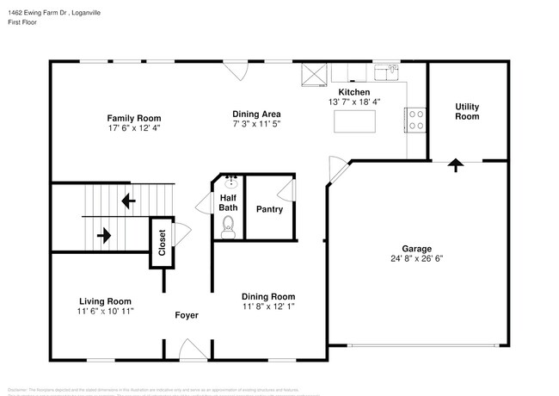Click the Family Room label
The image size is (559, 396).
133,118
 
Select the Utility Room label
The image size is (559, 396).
467,111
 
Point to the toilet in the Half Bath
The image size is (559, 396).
229,226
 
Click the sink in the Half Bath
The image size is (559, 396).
230,183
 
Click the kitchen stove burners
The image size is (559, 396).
415,120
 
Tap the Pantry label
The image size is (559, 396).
269,209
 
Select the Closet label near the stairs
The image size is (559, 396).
161,240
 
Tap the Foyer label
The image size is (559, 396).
187,315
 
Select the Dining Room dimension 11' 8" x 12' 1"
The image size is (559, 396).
268,305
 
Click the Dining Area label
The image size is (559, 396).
256,114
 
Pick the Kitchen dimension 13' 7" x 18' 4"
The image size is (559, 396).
354,102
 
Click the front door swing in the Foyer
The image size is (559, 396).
192,350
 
